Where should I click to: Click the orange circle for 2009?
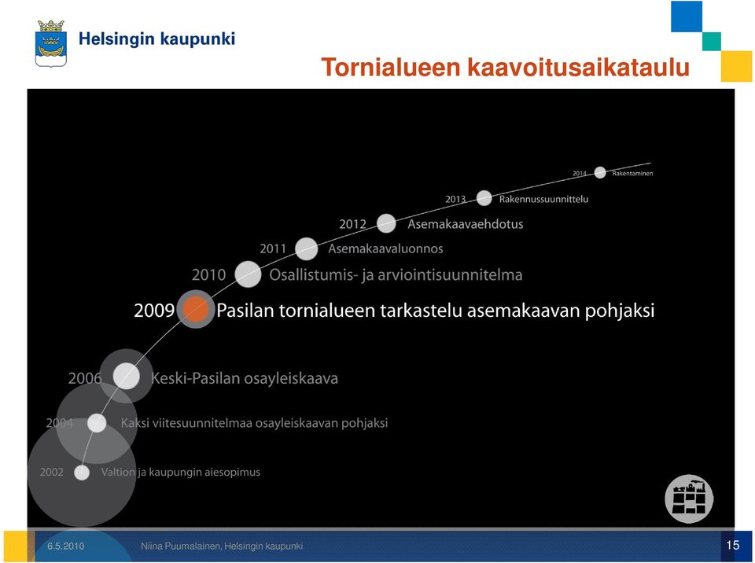point(196,309)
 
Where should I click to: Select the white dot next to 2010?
point(248,274)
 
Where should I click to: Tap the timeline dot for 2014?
point(600,172)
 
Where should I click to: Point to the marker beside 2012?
point(386,223)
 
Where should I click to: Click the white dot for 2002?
point(82,473)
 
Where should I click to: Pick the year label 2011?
point(273,248)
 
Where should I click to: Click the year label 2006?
point(85,378)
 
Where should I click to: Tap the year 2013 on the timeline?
point(455,199)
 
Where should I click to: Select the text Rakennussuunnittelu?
point(543,199)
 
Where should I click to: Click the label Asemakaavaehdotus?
point(465,224)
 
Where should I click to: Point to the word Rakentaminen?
point(632,173)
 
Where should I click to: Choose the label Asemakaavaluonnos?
point(385,248)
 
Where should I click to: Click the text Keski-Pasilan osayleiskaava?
point(245,378)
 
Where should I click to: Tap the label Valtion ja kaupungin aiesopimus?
point(181,472)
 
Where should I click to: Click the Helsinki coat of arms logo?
point(51,43)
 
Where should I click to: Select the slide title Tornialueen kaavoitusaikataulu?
point(506,67)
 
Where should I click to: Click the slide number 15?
point(733,545)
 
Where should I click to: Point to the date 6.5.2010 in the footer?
point(65,546)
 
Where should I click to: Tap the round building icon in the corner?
point(689,499)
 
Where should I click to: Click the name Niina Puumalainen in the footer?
point(181,546)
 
